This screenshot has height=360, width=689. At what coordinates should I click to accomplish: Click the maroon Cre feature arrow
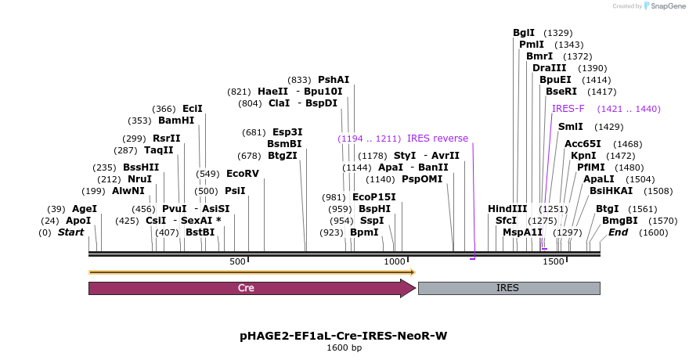[x=251, y=288]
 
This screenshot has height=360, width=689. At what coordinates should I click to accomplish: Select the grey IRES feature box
[x=509, y=288]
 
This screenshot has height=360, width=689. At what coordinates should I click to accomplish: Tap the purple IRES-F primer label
[x=568, y=109]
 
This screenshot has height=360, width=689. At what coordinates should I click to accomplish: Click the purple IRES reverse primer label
[x=438, y=139]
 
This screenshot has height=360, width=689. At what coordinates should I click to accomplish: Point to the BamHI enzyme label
[x=176, y=121]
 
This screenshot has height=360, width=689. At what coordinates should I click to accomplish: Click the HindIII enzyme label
[x=508, y=209]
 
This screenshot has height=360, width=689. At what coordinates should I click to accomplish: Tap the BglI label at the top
[x=524, y=33]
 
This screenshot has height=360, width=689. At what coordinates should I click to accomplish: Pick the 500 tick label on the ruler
[x=237, y=261]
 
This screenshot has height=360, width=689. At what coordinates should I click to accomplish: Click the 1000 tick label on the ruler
[x=394, y=261]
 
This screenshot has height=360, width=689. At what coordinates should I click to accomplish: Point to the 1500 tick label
[x=552, y=261]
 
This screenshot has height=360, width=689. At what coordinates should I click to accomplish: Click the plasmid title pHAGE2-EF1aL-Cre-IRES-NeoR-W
[x=344, y=336]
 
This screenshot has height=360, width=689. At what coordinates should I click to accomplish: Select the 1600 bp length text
[x=344, y=347]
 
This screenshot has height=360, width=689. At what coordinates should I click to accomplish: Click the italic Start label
[x=70, y=232]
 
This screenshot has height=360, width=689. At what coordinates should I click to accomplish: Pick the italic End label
[x=618, y=232]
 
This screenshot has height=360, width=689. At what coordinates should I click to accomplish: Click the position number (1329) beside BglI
[x=558, y=33]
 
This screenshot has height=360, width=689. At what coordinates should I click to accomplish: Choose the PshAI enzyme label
[x=334, y=80]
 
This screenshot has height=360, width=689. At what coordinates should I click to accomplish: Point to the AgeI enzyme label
[x=85, y=209]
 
